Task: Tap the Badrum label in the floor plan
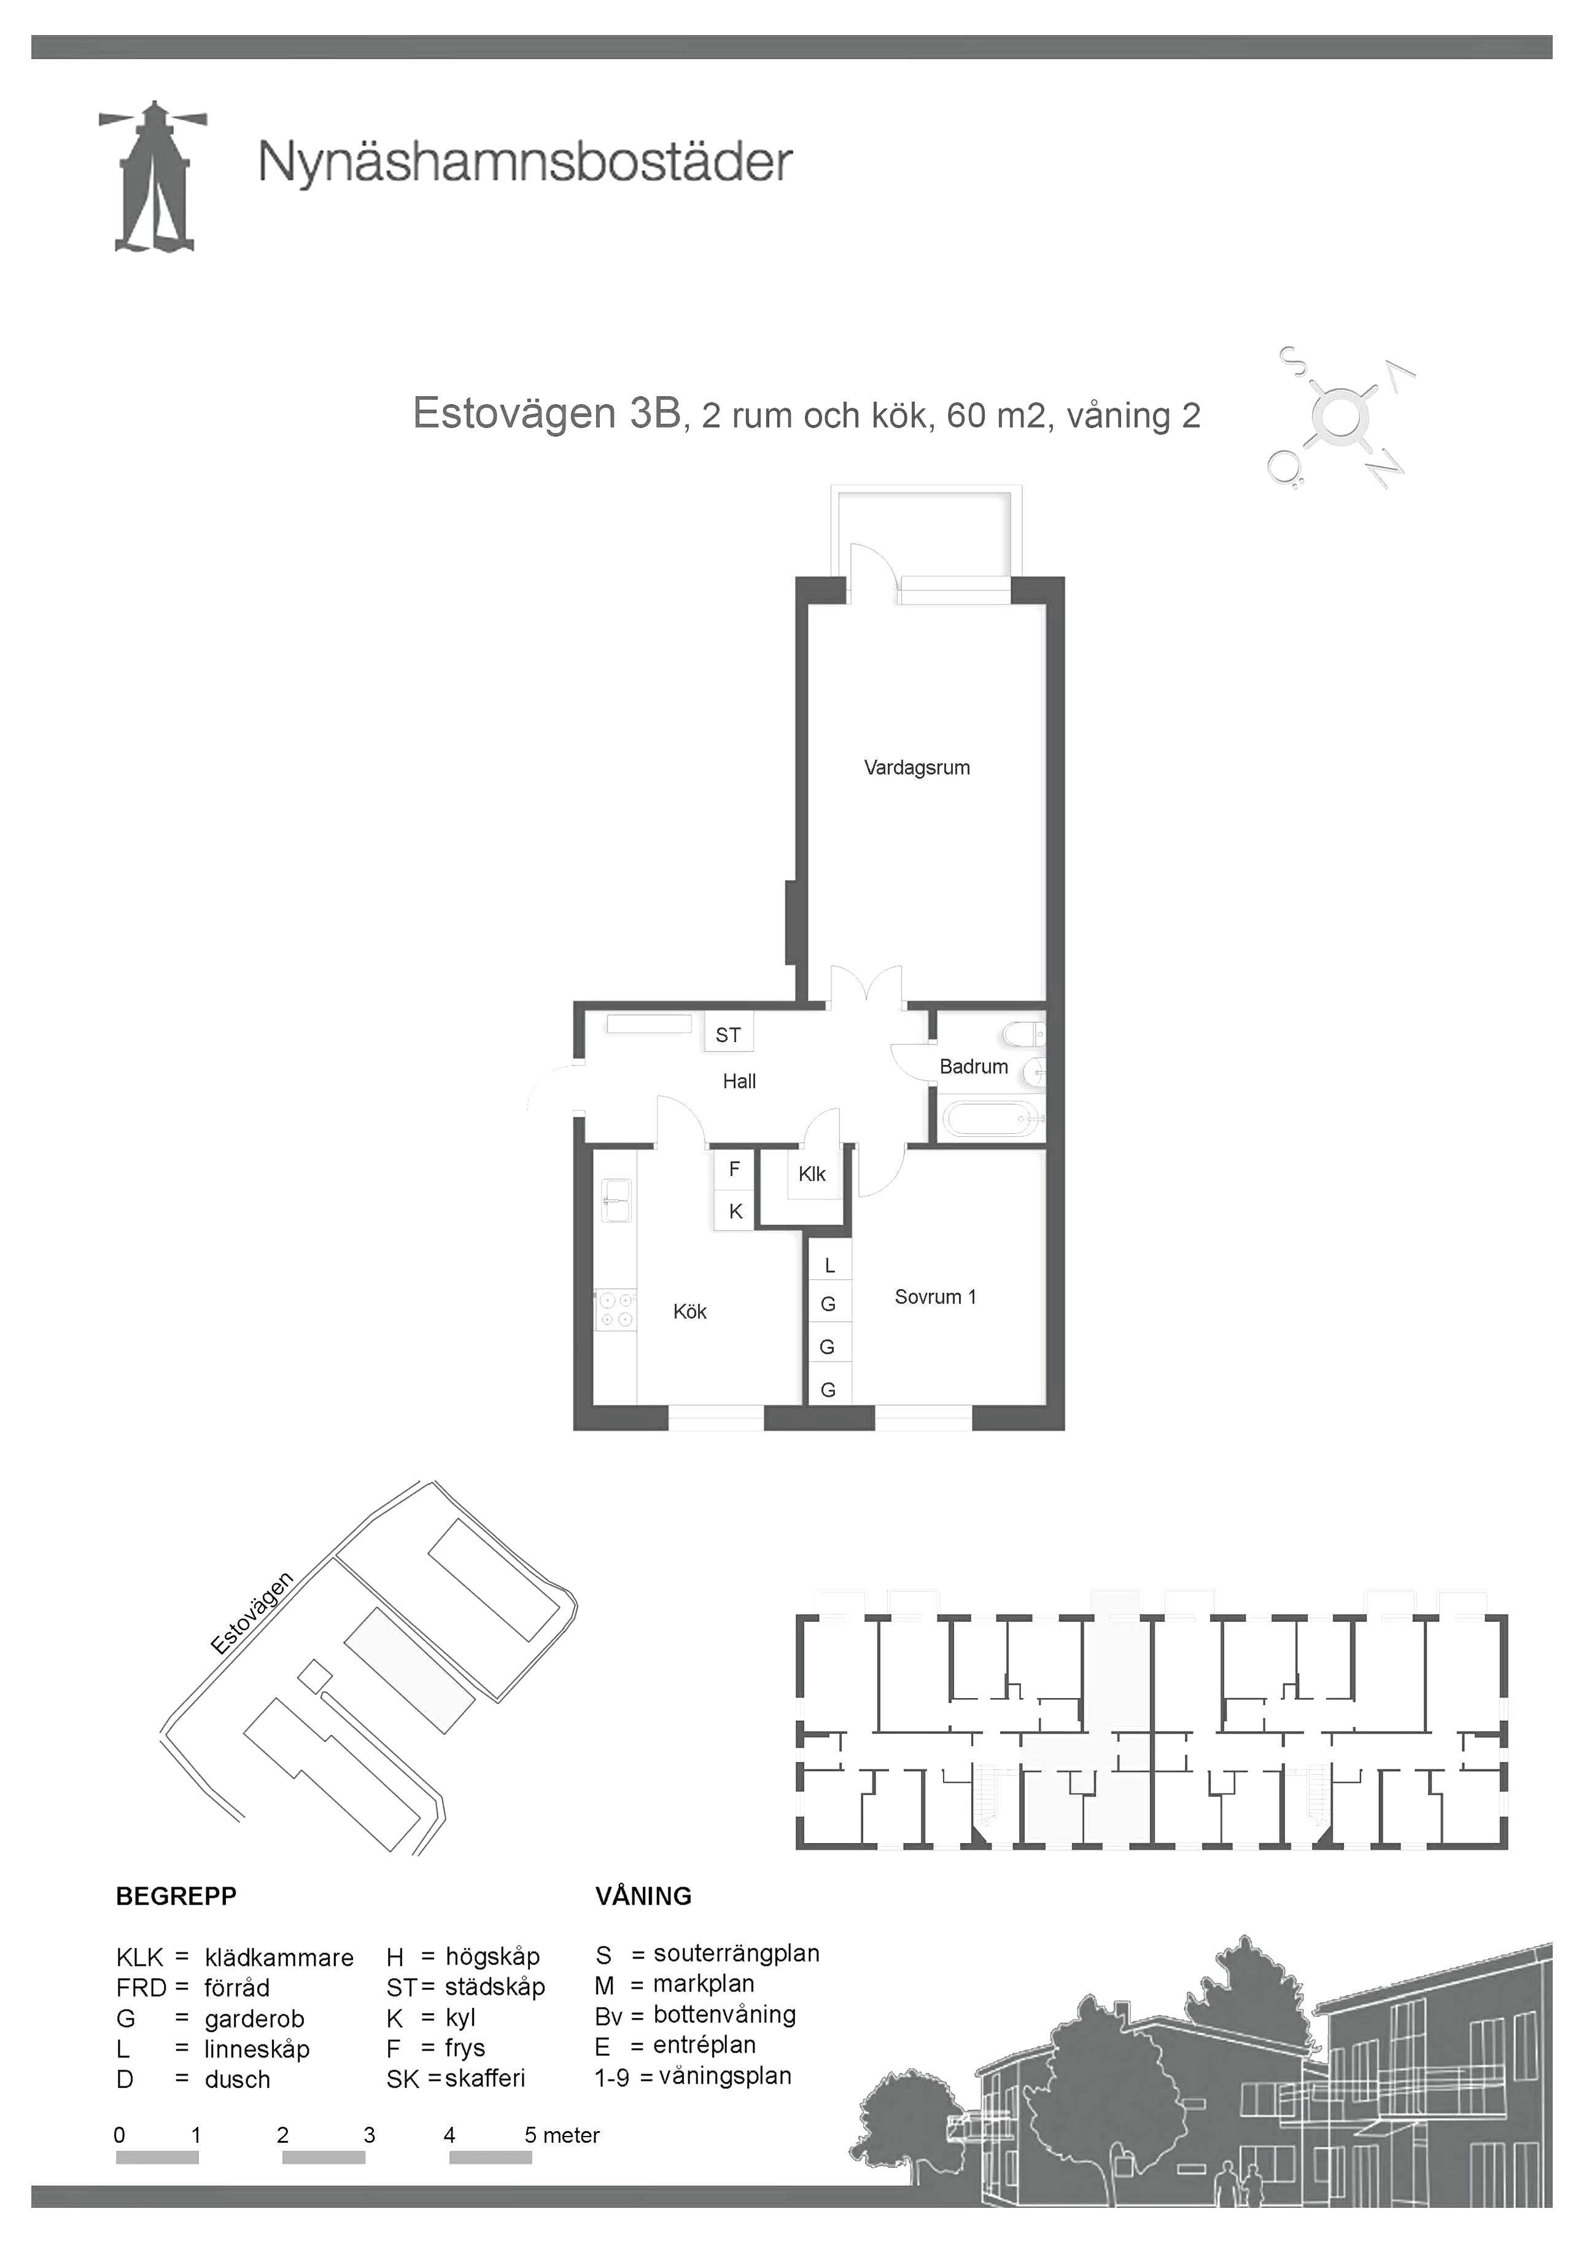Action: tap(973, 1066)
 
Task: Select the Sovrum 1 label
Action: tap(935, 1296)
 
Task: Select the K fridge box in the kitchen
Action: tap(735, 1211)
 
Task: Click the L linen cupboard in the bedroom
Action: tap(829, 1265)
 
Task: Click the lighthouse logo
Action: tap(153, 177)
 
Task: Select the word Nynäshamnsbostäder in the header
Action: tap(525, 162)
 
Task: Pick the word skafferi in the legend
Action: tap(485, 2078)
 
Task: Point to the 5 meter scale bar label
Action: tap(562, 2135)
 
